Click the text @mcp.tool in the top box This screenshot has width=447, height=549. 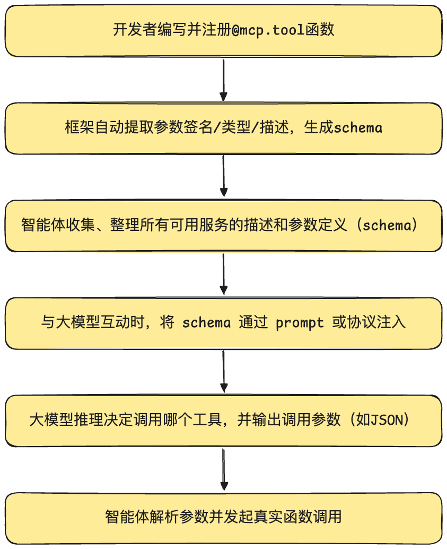tap(268, 30)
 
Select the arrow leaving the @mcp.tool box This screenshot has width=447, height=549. tap(224, 80)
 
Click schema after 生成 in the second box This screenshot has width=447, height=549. tap(358, 127)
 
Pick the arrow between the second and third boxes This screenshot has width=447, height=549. tap(224, 176)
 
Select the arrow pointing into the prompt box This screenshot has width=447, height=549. tap(224, 274)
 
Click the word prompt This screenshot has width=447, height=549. tap(300, 322)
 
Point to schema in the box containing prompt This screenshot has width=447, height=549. tap(206, 322)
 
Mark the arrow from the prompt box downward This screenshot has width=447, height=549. tap(224, 372)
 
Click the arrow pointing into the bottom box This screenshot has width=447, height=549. tap(224, 469)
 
